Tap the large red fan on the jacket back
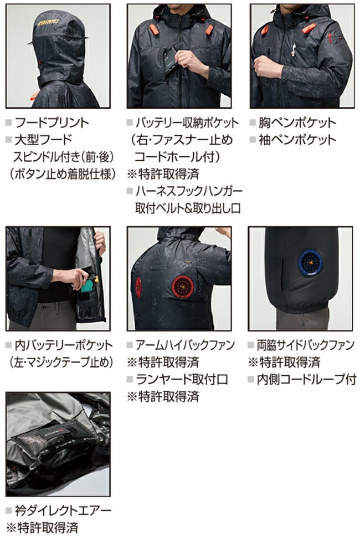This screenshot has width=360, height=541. pos(183,287)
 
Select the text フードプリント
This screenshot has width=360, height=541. pos(52,123)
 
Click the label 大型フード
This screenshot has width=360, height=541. pos(43,140)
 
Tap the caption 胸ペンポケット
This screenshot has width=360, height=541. pos(297,123)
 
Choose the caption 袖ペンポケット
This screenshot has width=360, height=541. pos(297,140)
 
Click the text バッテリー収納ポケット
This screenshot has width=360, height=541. pos(187,123)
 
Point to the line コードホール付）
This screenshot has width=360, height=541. pos(177,157)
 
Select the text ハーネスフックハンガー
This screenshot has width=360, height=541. pos(189,191)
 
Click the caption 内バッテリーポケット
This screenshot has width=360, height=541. pos(64,345)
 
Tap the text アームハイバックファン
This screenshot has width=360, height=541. pos(185,345)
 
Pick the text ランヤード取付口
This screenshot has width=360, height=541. pos(182,379)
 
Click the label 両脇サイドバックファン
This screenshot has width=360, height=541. pos(306,345)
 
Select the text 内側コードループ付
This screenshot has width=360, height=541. pos(307,379)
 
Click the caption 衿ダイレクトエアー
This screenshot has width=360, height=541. pos(63,511)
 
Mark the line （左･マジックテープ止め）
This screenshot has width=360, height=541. pos(61,363)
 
